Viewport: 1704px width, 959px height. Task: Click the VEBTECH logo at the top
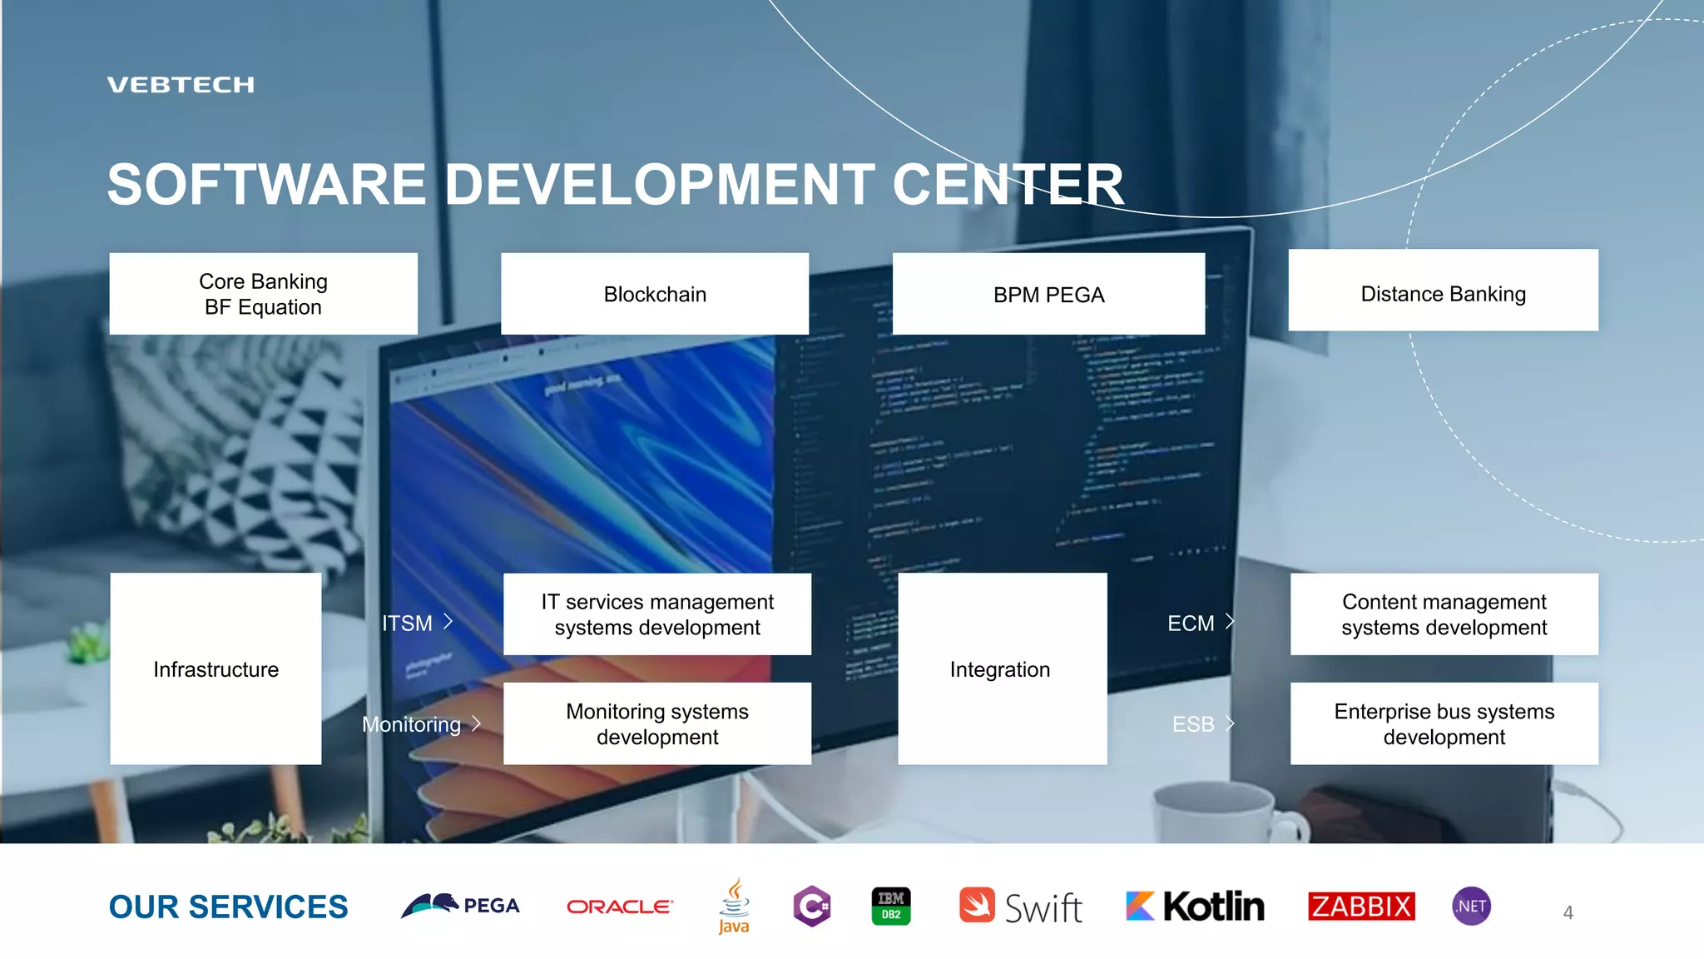pos(181,85)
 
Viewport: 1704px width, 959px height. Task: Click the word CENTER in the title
pos(1008,184)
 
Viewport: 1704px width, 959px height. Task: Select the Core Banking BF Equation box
pos(263,294)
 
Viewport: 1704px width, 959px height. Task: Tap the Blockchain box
pos(655,294)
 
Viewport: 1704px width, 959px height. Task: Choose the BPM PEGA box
pos(1048,294)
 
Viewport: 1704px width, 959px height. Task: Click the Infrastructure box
pos(215,668)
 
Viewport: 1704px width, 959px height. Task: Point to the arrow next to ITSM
pos(448,621)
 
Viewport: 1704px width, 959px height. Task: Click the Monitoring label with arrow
pos(420,724)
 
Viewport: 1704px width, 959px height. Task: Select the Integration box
pos(1002,668)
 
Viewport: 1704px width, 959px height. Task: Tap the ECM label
pos(1191,623)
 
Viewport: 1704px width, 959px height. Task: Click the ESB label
pos(1193,724)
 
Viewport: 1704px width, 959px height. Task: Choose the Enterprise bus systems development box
pos(1444,723)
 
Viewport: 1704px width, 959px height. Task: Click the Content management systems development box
pos(1444,614)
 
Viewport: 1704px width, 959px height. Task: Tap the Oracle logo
pos(619,907)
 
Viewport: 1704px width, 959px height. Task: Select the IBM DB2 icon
pos(891,906)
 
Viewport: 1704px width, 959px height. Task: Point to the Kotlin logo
pos(1195,906)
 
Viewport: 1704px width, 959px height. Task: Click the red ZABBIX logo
pos(1361,906)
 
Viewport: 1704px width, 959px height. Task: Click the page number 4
pos(1568,912)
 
